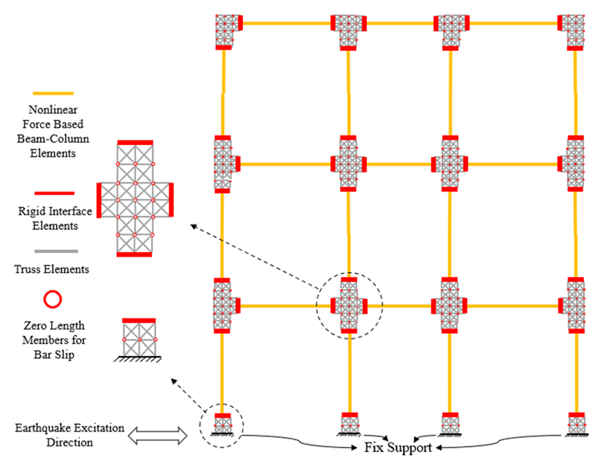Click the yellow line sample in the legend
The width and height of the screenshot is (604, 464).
(52, 94)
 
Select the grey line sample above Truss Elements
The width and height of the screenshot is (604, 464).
(52, 252)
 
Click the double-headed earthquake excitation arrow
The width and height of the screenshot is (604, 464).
(155, 436)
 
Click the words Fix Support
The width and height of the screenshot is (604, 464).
(398, 448)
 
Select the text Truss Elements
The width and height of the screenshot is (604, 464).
(53, 269)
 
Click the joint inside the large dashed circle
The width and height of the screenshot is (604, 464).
(349, 305)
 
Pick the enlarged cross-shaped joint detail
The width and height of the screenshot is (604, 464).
(135, 198)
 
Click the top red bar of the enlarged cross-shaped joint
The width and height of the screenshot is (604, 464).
(135, 141)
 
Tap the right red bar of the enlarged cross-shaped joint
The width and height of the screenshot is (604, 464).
(172, 200)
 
